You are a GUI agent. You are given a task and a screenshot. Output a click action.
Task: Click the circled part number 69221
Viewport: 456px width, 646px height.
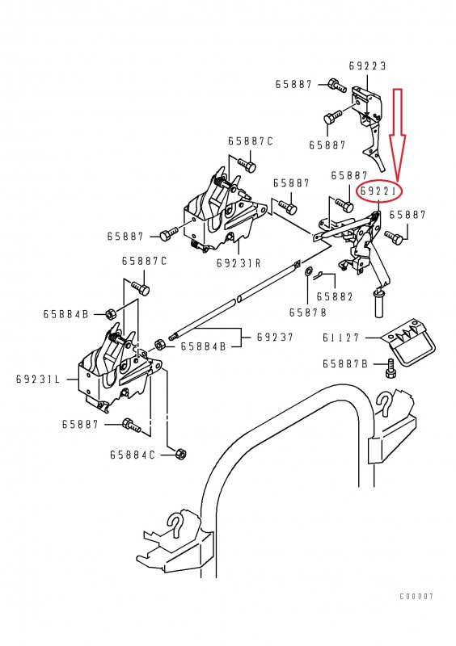[378, 191]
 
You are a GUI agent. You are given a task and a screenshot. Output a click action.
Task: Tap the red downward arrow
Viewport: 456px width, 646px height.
[399, 134]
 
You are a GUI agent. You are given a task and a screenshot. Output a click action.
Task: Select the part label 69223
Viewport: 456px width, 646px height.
[367, 66]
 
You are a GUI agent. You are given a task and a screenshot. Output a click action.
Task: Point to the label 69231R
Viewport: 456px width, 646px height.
[239, 263]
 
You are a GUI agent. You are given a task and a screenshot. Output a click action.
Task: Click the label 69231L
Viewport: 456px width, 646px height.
[38, 379]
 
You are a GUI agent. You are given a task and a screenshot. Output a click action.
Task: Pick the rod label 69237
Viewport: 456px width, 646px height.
[275, 337]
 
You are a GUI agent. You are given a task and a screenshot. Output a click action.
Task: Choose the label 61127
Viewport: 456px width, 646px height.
[341, 338]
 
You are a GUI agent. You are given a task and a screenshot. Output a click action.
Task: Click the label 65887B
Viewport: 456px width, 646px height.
[345, 364]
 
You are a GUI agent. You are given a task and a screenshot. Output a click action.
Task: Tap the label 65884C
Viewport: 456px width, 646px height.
[133, 455]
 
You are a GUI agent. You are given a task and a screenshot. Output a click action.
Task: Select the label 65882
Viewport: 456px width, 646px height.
[335, 296]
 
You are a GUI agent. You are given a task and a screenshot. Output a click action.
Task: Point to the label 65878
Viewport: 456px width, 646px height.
[308, 313]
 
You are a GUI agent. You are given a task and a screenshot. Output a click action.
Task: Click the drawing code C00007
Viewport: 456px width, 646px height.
[416, 596]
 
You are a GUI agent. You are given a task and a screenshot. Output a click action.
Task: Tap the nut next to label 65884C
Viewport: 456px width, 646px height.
[180, 454]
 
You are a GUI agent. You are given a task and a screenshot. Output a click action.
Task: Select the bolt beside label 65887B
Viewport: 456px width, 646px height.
[390, 367]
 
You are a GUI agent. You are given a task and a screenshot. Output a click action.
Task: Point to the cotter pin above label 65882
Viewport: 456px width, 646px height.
[319, 275]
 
